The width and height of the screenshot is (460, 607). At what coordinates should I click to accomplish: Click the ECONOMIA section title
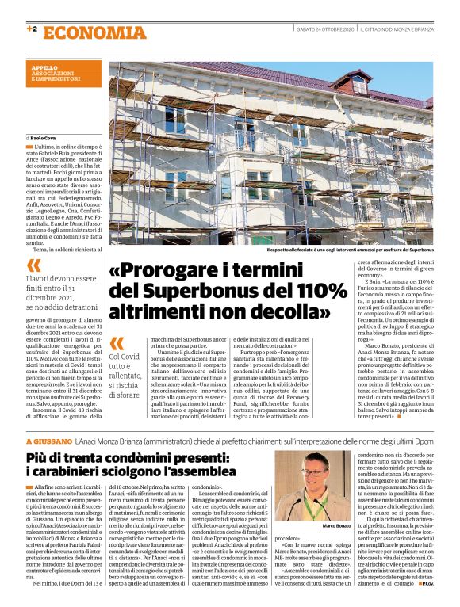(89, 33)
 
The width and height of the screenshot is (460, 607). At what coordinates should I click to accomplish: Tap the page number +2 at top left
(32, 29)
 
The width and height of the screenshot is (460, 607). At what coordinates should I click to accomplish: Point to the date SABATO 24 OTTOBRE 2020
(324, 29)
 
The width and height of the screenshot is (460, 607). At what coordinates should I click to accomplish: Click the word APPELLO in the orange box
(44, 68)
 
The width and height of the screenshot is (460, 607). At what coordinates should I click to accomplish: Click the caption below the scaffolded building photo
(350, 250)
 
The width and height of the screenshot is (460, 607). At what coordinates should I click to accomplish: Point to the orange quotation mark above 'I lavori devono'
(33, 264)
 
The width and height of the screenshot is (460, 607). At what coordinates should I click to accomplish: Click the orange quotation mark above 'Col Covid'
(117, 343)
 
